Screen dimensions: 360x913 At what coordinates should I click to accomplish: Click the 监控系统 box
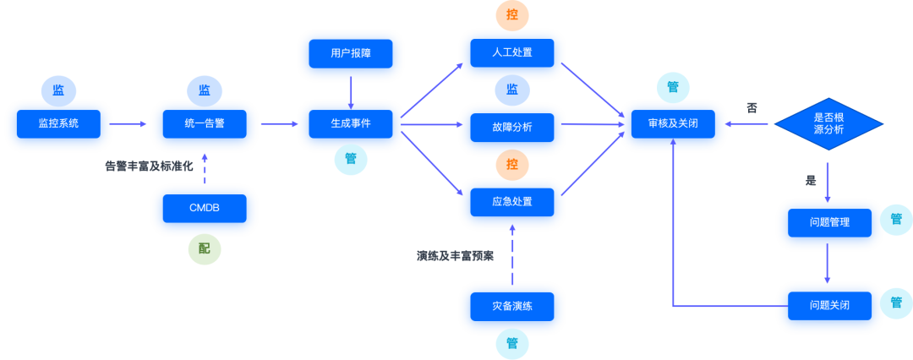(58, 123)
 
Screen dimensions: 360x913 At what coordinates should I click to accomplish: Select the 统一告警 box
(205, 123)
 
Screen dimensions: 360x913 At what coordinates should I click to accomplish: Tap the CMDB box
(205, 208)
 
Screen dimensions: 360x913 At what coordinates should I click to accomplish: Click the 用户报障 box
(351, 53)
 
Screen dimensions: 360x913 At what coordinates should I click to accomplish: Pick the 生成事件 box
(351, 123)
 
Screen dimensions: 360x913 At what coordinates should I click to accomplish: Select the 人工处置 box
(512, 52)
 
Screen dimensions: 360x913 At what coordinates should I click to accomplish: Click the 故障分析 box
(512, 127)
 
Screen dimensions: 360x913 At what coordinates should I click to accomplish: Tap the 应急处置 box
(512, 203)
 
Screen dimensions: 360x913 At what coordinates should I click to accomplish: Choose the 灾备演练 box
(512, 306)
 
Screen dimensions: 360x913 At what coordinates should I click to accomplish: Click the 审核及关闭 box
(673, 123)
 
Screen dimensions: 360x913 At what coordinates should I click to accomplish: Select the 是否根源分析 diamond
(828, 123)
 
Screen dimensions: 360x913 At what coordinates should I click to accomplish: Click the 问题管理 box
(828, 222)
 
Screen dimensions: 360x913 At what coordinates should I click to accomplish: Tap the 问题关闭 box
(828, 305)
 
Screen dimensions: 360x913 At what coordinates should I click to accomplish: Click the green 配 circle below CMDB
(205, 248)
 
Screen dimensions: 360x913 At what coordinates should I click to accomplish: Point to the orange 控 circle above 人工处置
(512, 14)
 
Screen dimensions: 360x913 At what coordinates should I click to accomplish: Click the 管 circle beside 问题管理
(895, 220)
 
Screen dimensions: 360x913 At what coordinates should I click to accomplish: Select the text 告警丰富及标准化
(149, 166)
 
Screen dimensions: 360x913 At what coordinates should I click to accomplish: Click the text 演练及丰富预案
(455, 255)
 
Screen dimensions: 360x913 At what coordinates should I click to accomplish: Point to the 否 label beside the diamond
(752, 108)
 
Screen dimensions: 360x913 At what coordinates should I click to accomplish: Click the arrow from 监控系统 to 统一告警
(128, 124)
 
